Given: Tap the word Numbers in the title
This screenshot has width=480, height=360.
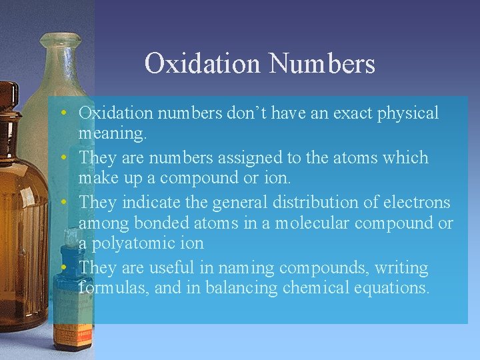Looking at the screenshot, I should [322, 64].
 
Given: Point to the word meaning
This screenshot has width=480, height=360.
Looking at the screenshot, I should [111, 134].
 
